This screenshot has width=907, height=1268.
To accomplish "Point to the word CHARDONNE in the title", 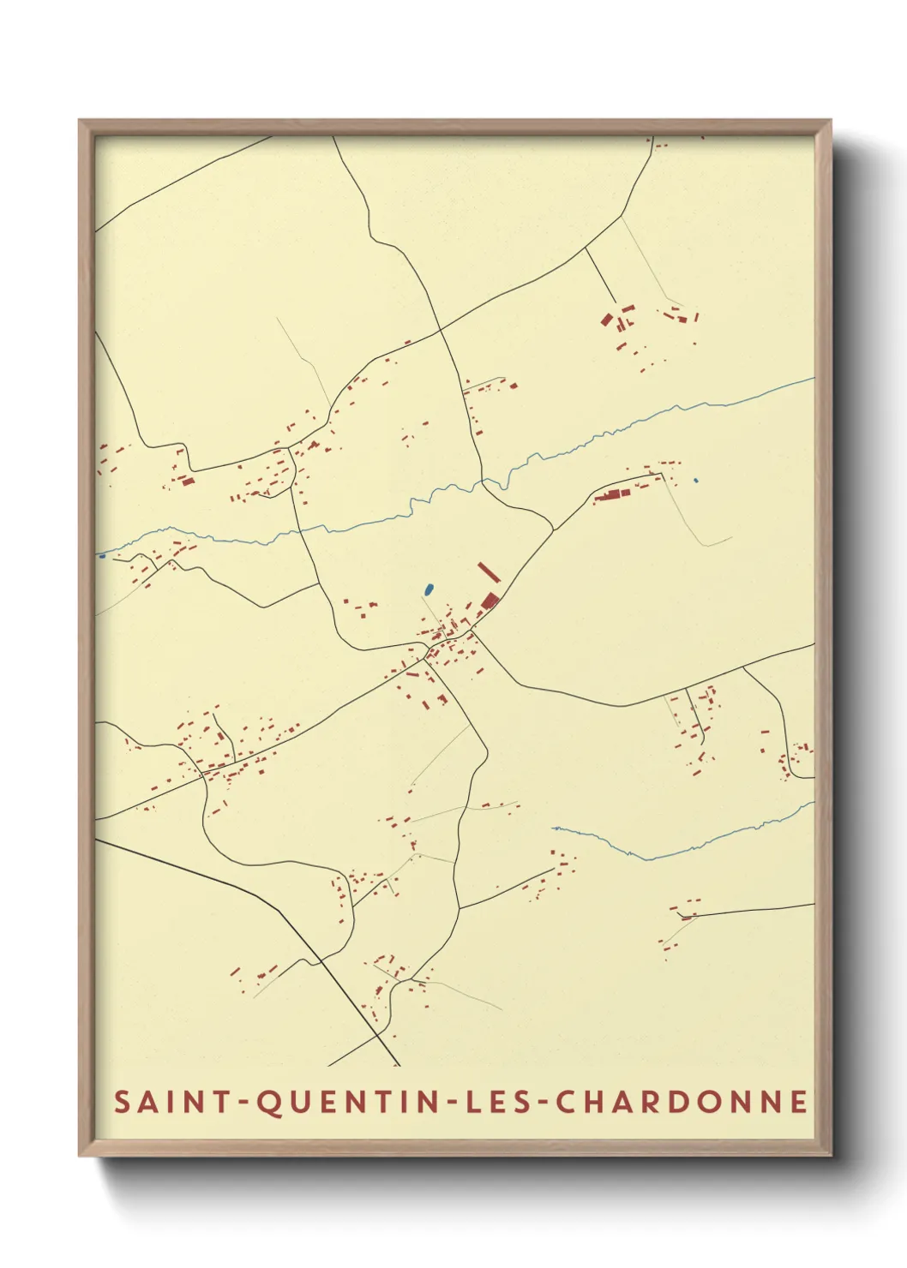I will coord(682,1102).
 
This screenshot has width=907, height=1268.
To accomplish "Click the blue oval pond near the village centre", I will coord(428,589).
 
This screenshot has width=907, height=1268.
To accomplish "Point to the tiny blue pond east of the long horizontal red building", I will coord(695,481).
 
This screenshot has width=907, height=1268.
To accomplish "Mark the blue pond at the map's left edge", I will coord(101,556).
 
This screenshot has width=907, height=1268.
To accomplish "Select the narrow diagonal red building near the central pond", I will coord(487,572).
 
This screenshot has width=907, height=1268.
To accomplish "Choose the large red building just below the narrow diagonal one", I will coord(490,600).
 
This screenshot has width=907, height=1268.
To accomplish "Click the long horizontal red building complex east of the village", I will coord(612,495).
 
